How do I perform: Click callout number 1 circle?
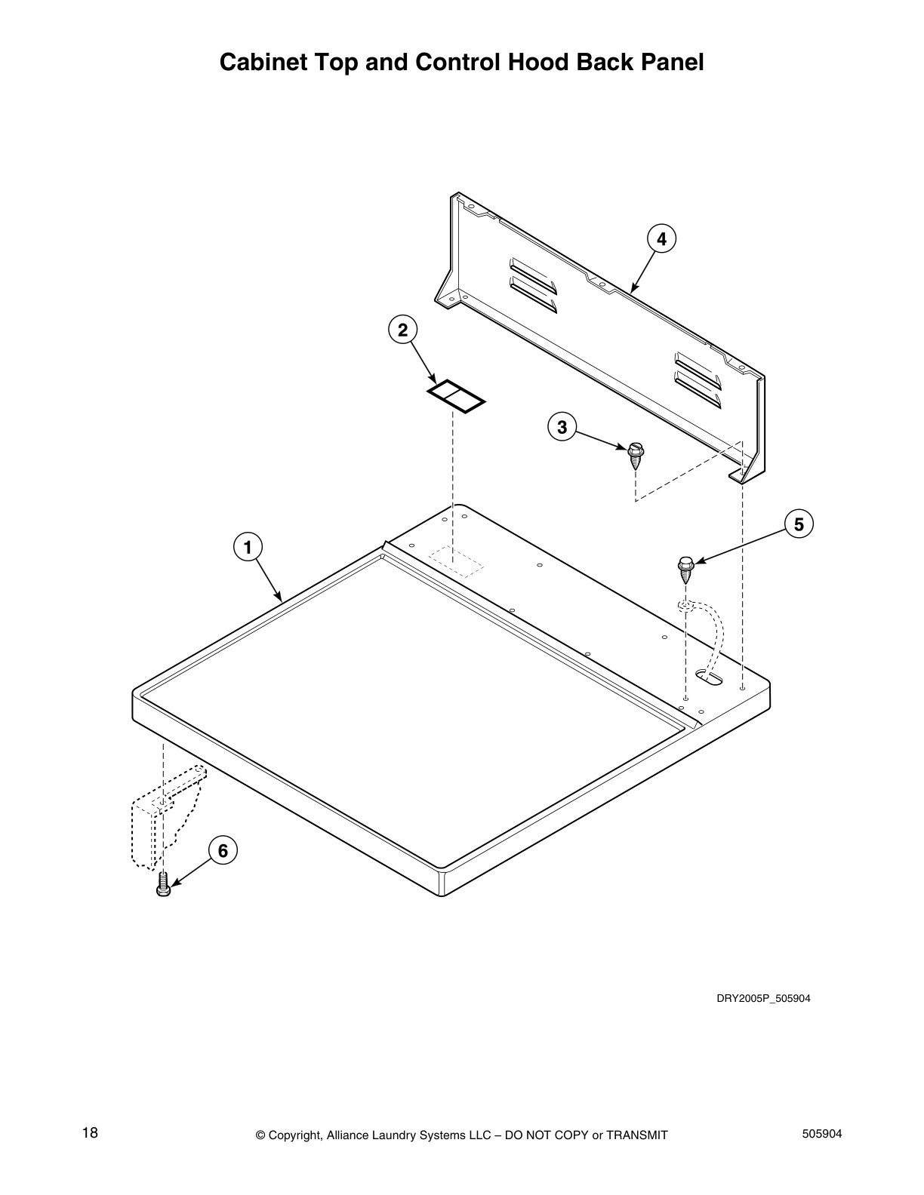point(248,545)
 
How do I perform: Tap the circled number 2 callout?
point(402,330)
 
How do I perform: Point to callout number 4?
point(661,239)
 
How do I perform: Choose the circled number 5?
point(799,524)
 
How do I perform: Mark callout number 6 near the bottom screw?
point(223,851)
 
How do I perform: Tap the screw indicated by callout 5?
point(685,569)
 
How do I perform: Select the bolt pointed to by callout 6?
point(162,885)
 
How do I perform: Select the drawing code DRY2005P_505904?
point(763,999)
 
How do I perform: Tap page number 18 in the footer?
point(90,1133)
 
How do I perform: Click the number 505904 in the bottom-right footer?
point(821,1134)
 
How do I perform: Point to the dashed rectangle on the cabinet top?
point(455,562)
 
